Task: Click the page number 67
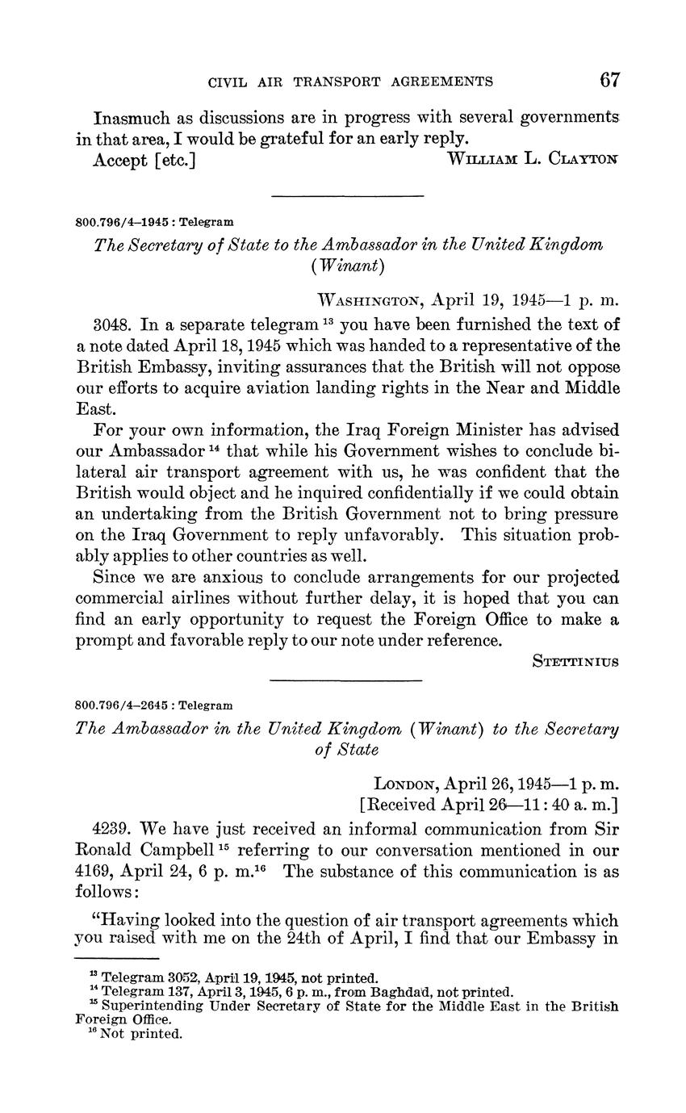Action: (609, 79)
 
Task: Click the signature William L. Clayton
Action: (533, 160)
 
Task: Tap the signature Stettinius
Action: (576, 661)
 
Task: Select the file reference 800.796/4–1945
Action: (123, 221)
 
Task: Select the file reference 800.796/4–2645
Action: (123, 705)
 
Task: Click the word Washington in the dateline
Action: (370, 301)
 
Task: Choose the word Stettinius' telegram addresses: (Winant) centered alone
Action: (347, 266)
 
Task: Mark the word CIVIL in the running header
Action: (226, 82)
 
